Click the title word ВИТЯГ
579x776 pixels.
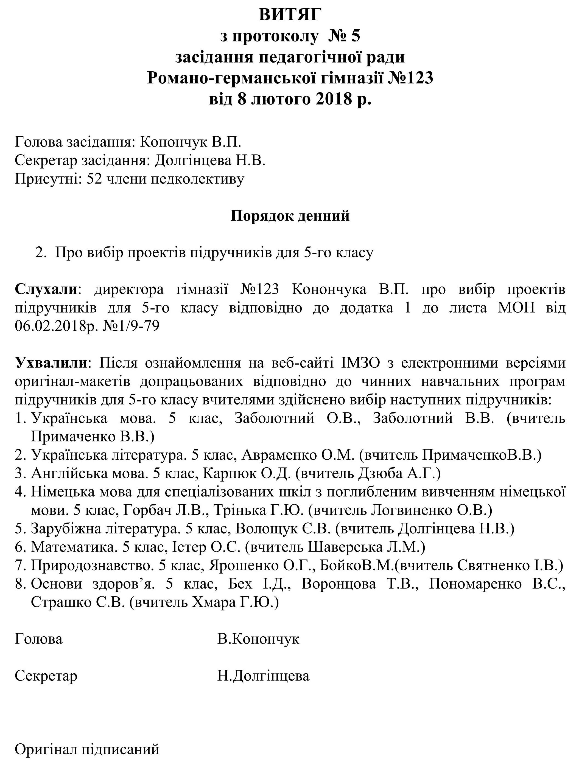(x=290, y=15)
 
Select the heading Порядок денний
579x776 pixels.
(x=290, y=216)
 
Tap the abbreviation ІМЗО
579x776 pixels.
(x=360, y=363)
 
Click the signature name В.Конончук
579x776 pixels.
(x=258, y=639)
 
